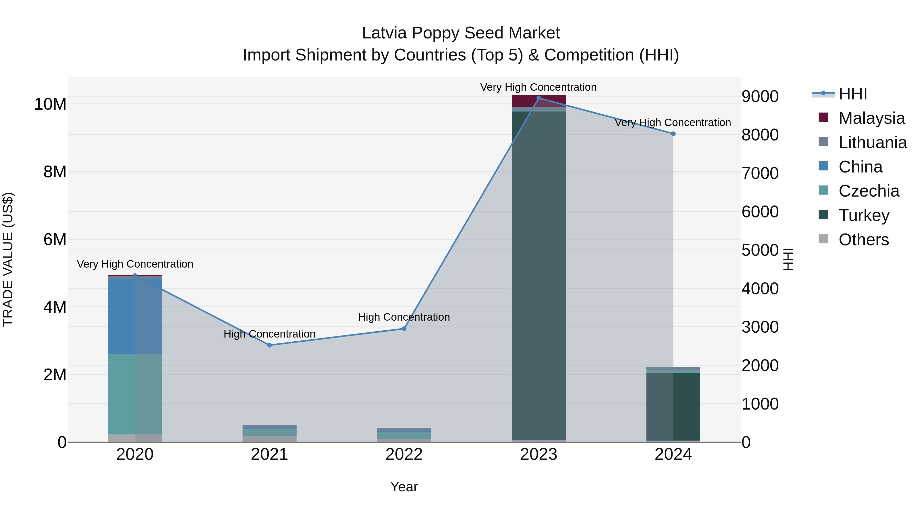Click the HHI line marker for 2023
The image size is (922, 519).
tap(538, 98)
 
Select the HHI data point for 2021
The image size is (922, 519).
tap(269, 345)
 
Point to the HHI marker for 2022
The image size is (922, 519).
tap(404, 329)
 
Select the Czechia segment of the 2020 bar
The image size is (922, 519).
tap(122, 394)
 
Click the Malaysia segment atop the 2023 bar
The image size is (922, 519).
tap(538, 101)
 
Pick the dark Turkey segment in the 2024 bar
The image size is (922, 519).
tap(686, 406)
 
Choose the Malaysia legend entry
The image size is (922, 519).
tap(871, 118)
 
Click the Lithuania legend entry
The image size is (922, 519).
tap(872, 143)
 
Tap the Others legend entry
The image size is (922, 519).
tap(863, 240)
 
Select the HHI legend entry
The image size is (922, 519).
tap(853, 94)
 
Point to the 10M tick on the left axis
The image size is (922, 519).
tap(50, 104)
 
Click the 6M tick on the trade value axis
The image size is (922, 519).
tap(55, 239)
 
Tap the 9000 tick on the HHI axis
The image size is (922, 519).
tap(760, 96)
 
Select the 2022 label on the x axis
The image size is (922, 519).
tap(404, 454)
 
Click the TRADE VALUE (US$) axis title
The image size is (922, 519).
tap(8, 259)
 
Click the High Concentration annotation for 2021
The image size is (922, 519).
tap(269, 334)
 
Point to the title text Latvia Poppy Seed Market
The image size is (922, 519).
tap(461, 33)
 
